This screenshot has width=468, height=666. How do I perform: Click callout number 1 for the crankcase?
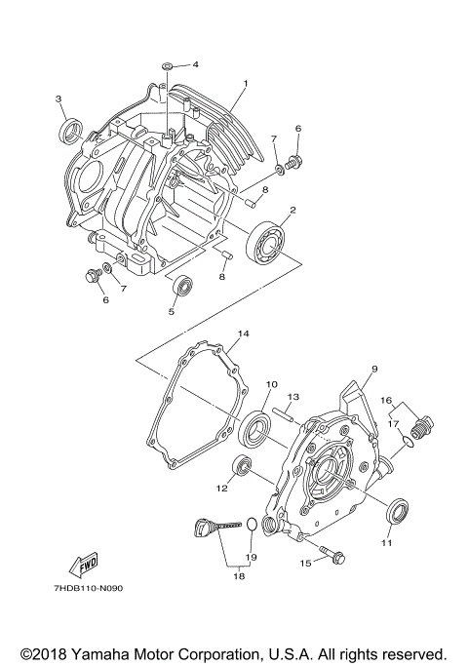tap(246, 84)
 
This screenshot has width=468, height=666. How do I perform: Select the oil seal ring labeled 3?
tap(71, 130)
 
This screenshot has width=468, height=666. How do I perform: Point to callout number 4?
tap(195, 64)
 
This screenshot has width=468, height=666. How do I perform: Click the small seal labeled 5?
tap(182, 287)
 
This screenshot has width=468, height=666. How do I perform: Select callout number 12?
tap(222, 488)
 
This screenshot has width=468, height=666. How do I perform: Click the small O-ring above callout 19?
tap(251, 526)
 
